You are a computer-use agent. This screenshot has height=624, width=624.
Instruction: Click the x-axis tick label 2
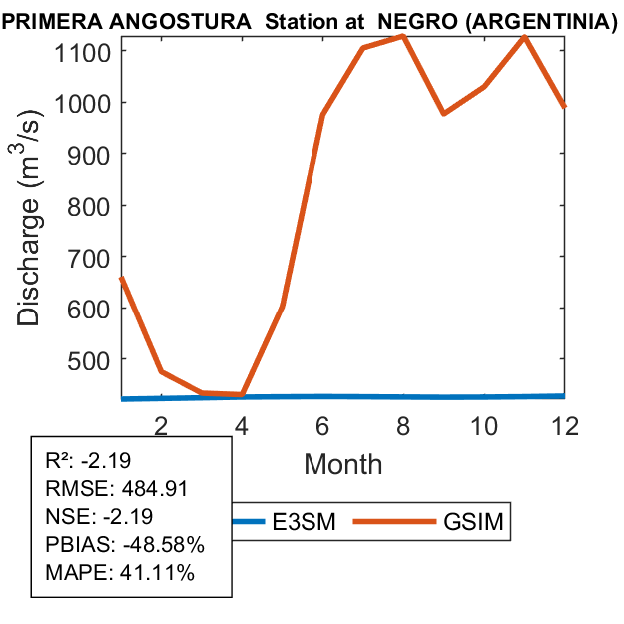click(x=161, y=425)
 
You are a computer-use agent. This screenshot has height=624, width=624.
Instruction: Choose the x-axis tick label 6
click(x=322, y=425)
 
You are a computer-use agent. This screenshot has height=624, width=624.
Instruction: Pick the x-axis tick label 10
click(x=484, y=425)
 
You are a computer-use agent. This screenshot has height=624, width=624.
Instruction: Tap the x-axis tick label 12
click(x=565, y=425)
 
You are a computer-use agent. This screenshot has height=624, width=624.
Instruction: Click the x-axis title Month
click(x=343, y=463)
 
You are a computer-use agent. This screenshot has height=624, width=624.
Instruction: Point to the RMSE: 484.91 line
click(x=117, y=488)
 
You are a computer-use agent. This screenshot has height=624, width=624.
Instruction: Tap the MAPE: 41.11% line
click(x=120, y=574)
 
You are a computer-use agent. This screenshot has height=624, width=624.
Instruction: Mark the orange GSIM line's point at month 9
click(x=443, y=113)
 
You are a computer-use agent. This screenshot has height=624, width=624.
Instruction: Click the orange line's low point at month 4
click(x=242, y=394)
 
